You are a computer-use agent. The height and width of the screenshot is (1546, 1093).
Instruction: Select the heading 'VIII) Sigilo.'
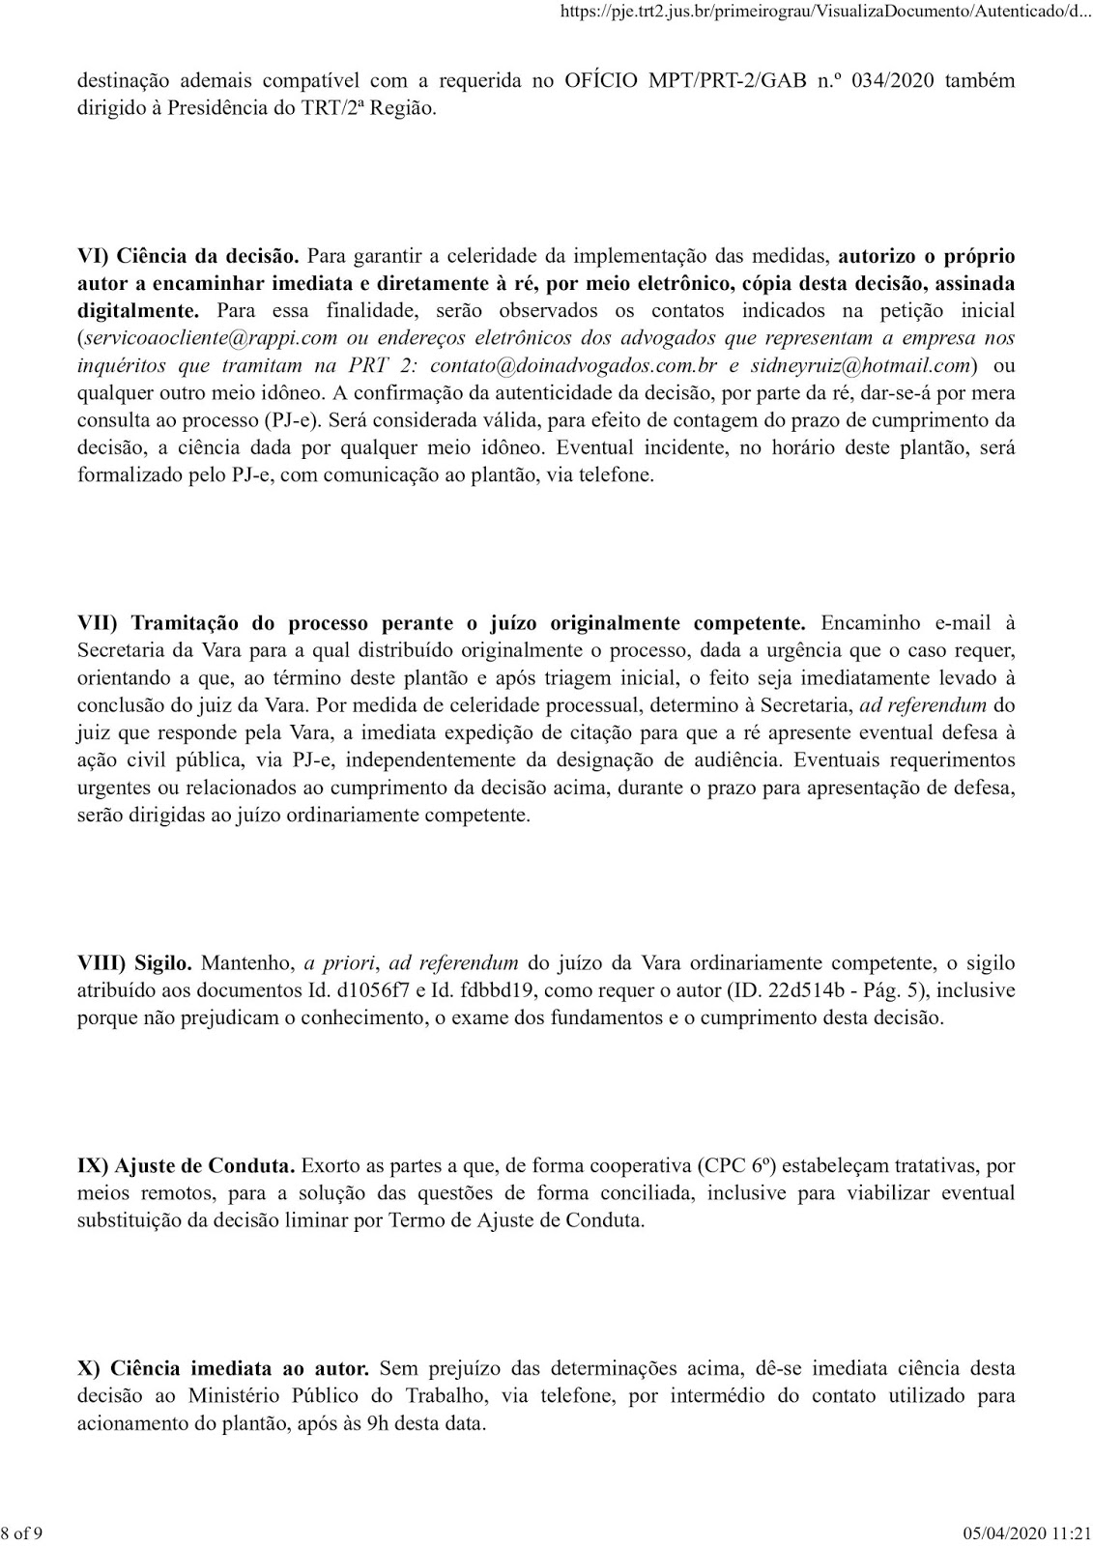pyautogui.click(x=135, y=962)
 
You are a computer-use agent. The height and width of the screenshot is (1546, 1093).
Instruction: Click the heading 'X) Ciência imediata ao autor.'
pyautogui.click(x=223, y=1368)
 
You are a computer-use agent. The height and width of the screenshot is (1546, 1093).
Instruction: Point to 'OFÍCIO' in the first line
pyautogui.click(x=601, y=80)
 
